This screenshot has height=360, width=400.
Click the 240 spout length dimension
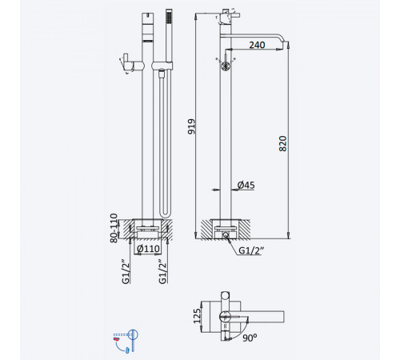pyautogui.click(x=257, y=45)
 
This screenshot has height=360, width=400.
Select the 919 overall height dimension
pyautogui.click(x=191, y=126)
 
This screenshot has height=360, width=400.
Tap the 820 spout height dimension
pyautogui.click(x=282, y=143)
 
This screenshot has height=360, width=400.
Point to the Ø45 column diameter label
pyautogui.click(x=246, y=185)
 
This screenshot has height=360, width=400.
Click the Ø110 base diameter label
pyautogui.click(x=148, y=249)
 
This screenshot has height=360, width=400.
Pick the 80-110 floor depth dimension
pyautogui.click(x=114, y=228)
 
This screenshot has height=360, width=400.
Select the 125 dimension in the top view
pyautogui.click(x=197, y=316)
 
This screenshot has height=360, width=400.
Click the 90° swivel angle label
pyautogui.click(x=250, y=338)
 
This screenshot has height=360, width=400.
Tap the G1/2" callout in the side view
pyautogui.click(x=251, y=250)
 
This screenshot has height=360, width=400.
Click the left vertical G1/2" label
pyautogui.click(x=126, y=271)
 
